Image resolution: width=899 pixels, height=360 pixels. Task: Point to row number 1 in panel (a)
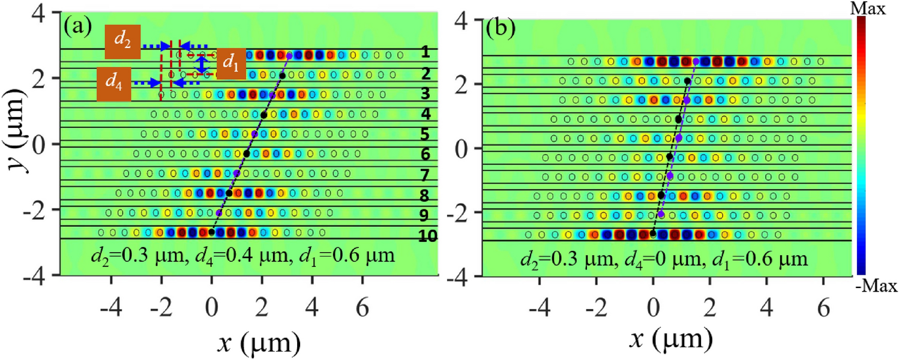tap(425, 53)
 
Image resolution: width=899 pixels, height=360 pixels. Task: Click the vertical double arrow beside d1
tap(203, 64)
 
